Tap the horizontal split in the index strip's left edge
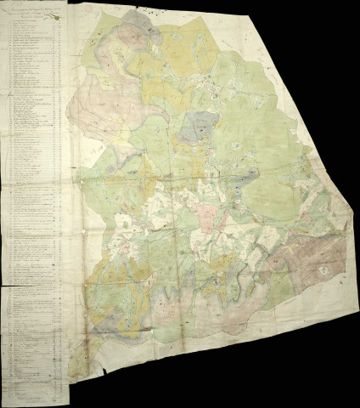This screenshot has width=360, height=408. tap(4, 286)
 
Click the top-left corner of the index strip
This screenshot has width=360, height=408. tap(3, 13)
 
